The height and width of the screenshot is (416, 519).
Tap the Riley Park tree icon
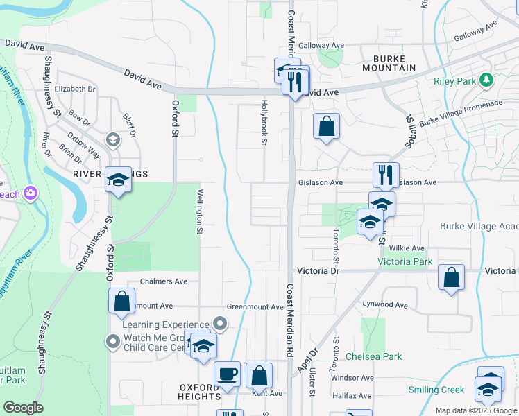click(x=486, y=80)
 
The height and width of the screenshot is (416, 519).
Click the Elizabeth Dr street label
click(x=75, y=89)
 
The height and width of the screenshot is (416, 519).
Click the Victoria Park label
click(x=405, y=261)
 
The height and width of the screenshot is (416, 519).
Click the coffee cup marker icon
click(x=228, y=374)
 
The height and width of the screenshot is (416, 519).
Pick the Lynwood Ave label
click(x=385, y=304)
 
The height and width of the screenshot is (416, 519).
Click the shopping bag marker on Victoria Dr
click(x=451, y=278)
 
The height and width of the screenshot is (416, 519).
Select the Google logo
click(x=23, y=408)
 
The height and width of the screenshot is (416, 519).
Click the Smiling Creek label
click(x=436, y=390)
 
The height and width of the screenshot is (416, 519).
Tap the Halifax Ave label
click(x=351, y=396)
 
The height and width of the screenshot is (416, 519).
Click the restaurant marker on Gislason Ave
click(x=386, y=174)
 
